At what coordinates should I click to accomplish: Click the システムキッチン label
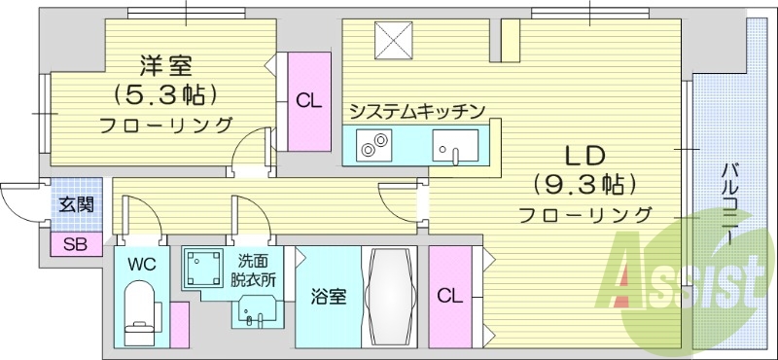click(416, 111)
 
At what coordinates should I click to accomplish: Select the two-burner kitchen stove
click(372, 149)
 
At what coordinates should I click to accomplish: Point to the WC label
click(139, 264)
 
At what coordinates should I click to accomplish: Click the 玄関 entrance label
click(75, 205)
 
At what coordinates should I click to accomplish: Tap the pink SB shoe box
click(75, 244)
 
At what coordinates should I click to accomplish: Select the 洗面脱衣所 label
click(254, 270)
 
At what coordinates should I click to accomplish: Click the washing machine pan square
click(204, 265)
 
